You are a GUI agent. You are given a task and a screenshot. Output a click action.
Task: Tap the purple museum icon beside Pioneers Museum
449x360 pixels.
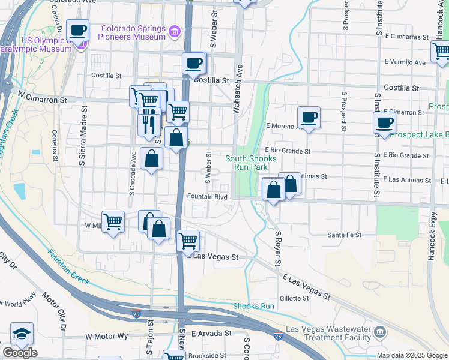175,31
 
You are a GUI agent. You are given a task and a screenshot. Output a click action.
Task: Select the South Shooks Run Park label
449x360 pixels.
251,163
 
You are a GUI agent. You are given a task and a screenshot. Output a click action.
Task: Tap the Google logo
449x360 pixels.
19,353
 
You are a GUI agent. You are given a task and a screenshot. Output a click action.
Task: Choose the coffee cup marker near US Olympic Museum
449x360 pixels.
77,29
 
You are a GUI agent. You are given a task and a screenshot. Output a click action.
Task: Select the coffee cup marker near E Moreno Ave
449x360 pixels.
309,116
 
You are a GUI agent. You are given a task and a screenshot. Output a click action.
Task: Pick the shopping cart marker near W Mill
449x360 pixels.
113,221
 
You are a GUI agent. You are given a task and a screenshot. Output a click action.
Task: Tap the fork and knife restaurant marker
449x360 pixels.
148,124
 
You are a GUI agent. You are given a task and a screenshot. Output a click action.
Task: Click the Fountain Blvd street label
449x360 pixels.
207,196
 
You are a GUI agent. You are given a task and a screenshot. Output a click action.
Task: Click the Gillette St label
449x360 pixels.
294,298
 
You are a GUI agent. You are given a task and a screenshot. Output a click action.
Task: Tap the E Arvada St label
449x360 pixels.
211,332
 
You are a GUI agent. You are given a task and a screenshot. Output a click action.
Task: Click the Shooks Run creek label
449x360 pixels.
253,306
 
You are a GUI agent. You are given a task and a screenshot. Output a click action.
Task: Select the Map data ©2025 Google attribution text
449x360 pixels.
412,355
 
